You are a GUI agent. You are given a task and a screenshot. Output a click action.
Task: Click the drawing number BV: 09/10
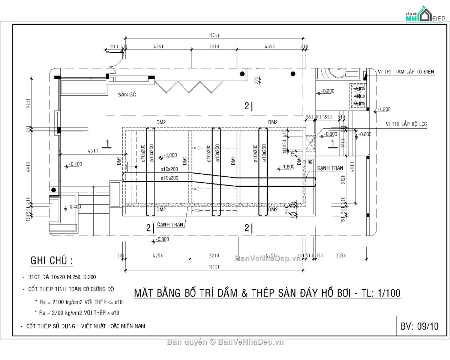pos(419,326)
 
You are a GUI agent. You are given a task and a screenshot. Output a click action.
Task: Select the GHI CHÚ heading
pos(51,261)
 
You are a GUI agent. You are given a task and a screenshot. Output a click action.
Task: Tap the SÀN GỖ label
pos(127,95)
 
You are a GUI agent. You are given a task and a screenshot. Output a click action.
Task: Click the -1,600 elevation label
pos(288,167)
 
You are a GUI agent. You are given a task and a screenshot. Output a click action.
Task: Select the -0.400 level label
pos(75,207)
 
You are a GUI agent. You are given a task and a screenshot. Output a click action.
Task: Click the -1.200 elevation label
pos(384,109)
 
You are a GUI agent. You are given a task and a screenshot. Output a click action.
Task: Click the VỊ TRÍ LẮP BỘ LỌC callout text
pos(406,124)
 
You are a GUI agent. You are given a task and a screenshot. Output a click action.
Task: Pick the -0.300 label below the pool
pos(162,240)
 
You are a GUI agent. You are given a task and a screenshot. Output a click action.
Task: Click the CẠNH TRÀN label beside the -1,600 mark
pos(330,168)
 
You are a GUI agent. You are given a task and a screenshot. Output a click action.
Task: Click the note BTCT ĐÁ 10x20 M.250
pos(62,277)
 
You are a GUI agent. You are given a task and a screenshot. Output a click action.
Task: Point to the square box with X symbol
pos(310,142)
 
